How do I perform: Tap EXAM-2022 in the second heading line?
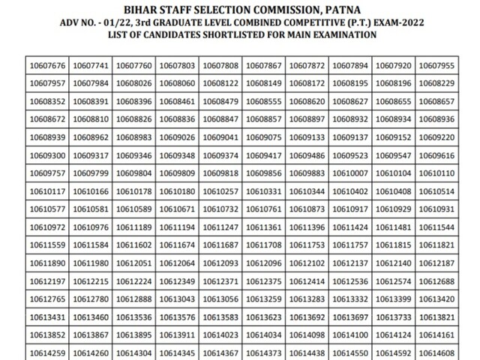coord(394,22)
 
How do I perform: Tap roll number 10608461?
coord(178,101)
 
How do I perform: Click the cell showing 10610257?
coord(221,191)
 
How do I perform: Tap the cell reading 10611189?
coord(134,227)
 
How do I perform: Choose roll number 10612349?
coord(178,281)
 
